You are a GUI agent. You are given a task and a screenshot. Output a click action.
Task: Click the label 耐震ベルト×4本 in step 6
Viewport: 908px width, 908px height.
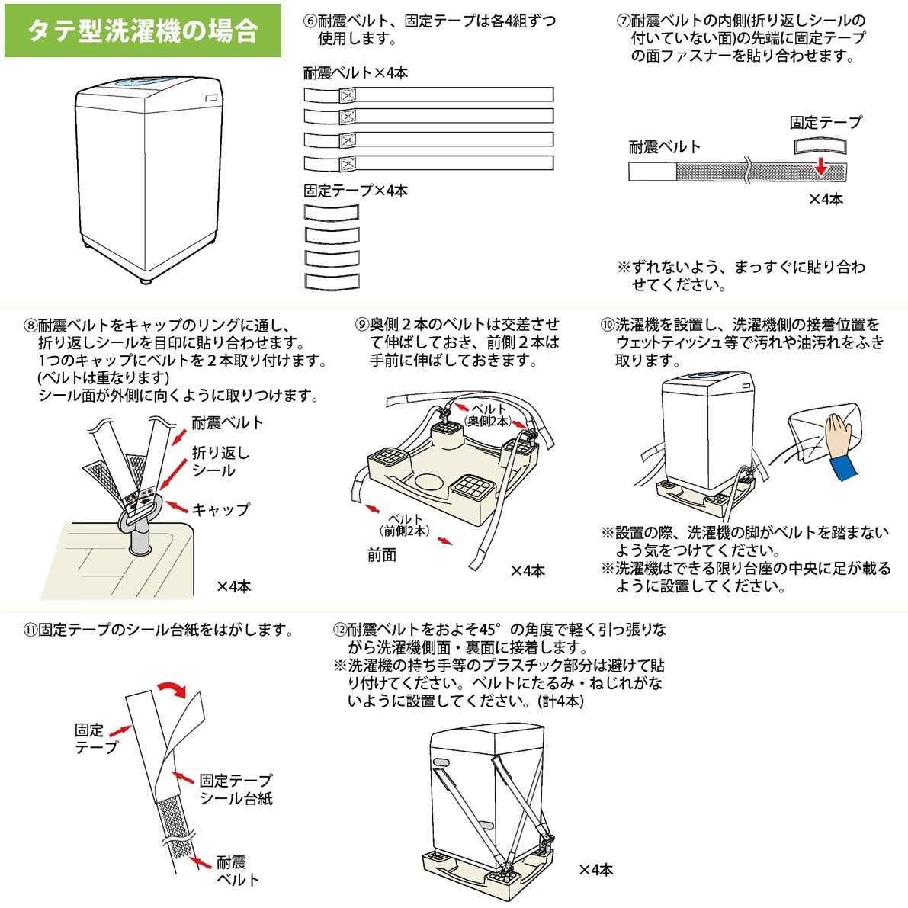point(355,73)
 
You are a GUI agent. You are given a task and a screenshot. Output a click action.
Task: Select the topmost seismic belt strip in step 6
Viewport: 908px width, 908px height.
point(428,96)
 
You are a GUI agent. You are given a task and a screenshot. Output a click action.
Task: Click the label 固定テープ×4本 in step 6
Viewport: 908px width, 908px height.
point(355,191)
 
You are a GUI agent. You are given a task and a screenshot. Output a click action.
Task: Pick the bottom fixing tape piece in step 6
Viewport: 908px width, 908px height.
point(332,281)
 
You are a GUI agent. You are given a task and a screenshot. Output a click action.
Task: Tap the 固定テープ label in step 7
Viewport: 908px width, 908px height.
point(826,123)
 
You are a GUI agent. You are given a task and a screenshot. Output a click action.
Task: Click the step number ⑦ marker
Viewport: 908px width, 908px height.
point(623,21)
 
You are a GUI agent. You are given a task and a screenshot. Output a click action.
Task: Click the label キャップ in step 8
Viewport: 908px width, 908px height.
point(221,509)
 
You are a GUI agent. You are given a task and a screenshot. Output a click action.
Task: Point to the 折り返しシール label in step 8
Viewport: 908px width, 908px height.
point(220,461)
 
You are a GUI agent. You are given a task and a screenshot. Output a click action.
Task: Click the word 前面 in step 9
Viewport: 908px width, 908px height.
point(382,556)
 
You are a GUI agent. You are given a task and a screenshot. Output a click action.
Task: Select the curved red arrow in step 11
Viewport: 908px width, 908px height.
point(172,688)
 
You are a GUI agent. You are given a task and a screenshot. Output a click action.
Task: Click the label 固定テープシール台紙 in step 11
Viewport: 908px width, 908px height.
point(236,789)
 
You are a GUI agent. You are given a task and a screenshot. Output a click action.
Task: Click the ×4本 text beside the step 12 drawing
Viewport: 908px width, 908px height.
point(595,869)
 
